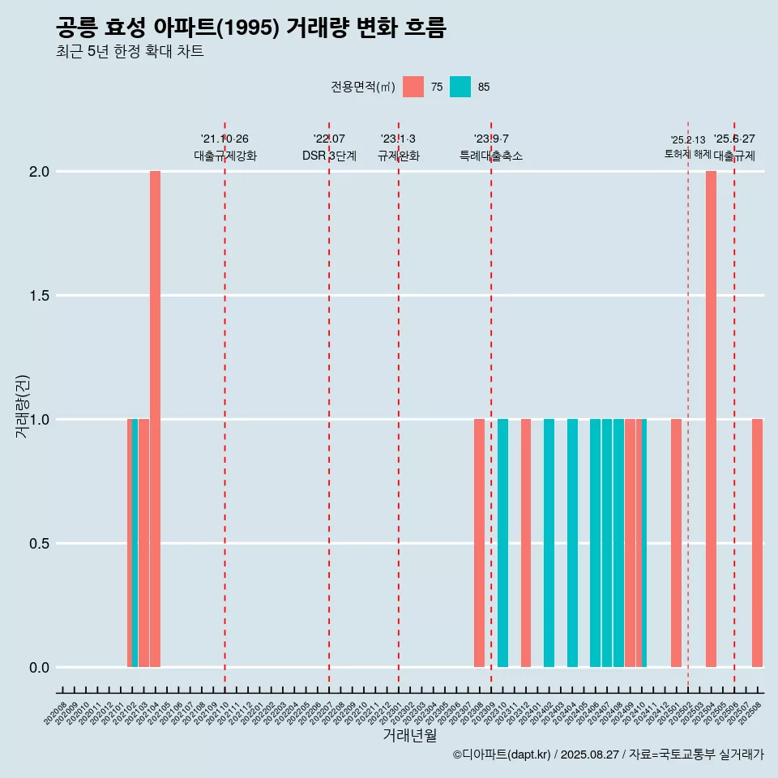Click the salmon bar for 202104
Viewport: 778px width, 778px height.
tap(155, 419)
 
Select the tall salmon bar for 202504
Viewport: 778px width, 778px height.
tap(711, 419)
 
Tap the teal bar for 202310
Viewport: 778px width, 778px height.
tap(502, 543)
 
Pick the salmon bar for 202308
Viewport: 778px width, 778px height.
tap(479, 543)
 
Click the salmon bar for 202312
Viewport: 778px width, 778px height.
tap(526, 543)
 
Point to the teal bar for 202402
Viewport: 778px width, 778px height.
tap(549, 543)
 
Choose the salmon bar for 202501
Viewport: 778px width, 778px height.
tap(676, 543)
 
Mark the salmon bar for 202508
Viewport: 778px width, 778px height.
tap(757, 543)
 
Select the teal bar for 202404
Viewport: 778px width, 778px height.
tap(572, 543)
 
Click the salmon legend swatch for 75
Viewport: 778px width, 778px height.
tap(413, 87)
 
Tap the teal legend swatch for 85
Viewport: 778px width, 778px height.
tap(460, 87)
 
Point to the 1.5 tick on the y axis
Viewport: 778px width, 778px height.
tap(39, 296)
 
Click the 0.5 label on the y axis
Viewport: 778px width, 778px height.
tap(39, 544)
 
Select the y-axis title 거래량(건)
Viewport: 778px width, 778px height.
tap(22, 406)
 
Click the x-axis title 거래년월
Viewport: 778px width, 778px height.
tap(409, 736)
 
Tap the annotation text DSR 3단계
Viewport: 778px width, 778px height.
tap(329, 156)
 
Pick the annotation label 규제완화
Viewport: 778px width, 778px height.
tap(398, 156)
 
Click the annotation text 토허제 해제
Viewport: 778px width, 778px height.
tap(687, 154)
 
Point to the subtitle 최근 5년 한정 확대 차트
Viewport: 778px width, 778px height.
tap(130, 52)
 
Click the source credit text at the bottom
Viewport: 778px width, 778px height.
tap(608, 755)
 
